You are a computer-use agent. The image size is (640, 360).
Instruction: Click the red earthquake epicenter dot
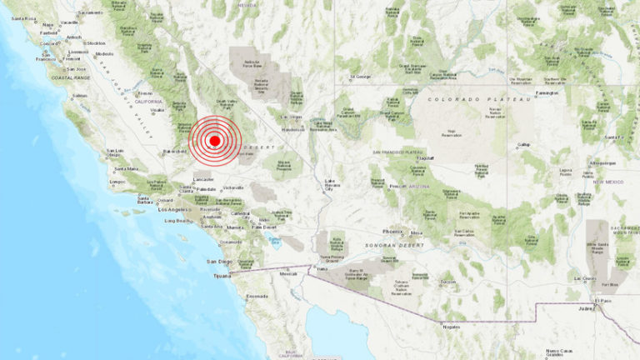[214, 141]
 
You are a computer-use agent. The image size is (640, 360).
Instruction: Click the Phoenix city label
[392, 232]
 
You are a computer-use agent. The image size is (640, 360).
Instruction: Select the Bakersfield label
[173, 152]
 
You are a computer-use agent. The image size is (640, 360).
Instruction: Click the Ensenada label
[257, 296]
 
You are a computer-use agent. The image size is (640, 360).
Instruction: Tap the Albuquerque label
[602, 162]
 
